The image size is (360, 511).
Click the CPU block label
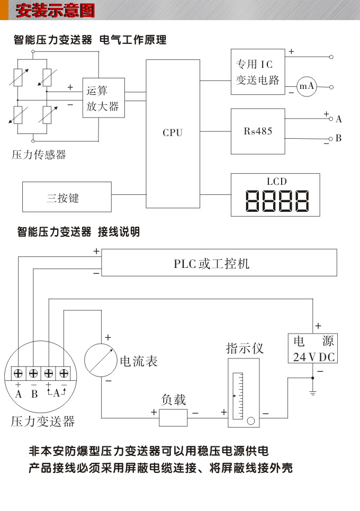(172, 133)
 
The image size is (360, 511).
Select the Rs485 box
(257, 131)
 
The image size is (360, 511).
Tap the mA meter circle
(306, 86)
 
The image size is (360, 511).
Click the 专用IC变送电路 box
(257, 72)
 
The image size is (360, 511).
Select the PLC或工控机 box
(219, 263)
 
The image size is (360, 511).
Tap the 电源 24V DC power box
(313, 348)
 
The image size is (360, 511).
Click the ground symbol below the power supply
(313, 392)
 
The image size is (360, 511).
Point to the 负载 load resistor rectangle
(173, 418)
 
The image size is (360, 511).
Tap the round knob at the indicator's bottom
(250, 421)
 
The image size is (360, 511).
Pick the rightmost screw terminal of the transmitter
(64, 373)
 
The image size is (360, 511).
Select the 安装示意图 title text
(55, 10)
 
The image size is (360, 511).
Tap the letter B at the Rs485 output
(338, 138)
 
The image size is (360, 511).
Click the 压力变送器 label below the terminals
(42, 422)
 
